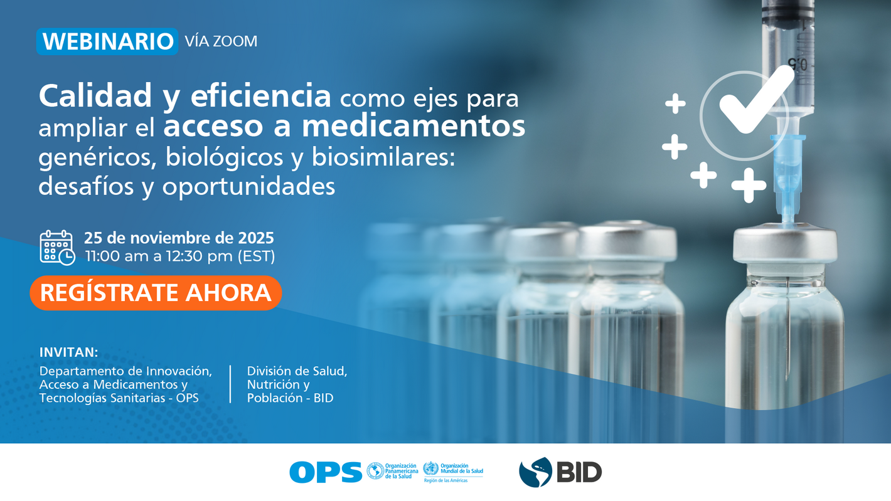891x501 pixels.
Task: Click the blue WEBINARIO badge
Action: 107,41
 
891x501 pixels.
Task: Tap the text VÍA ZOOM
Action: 221,41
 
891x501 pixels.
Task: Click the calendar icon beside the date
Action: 56,247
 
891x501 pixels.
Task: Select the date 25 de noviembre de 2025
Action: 179,238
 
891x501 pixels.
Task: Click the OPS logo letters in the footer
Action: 326,472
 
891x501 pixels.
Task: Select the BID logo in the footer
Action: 560,472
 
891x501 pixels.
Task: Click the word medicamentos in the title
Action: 413,126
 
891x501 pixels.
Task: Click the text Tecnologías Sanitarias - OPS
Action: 119,398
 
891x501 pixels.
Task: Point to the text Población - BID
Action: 290,398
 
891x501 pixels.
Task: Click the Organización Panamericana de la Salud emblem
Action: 375,471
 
